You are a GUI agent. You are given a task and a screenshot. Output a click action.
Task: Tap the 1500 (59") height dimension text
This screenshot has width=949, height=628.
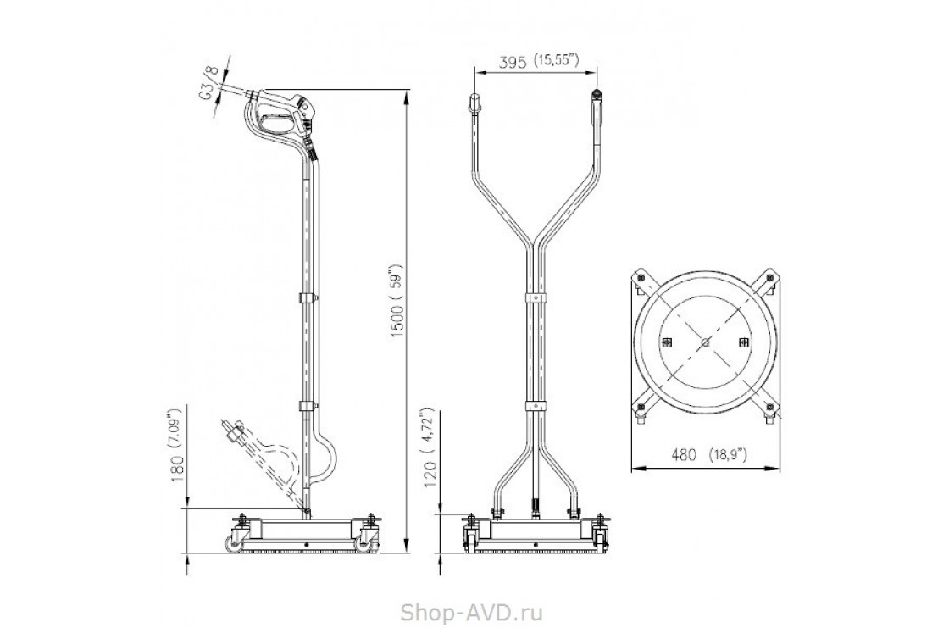coord(397,301)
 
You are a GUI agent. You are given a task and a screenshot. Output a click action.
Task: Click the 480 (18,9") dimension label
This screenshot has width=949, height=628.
coord(708,455)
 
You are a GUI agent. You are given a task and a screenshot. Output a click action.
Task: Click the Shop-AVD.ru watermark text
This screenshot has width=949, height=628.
coord(471,612)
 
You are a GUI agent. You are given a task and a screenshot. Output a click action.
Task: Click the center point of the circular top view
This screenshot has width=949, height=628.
coord(704,342)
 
